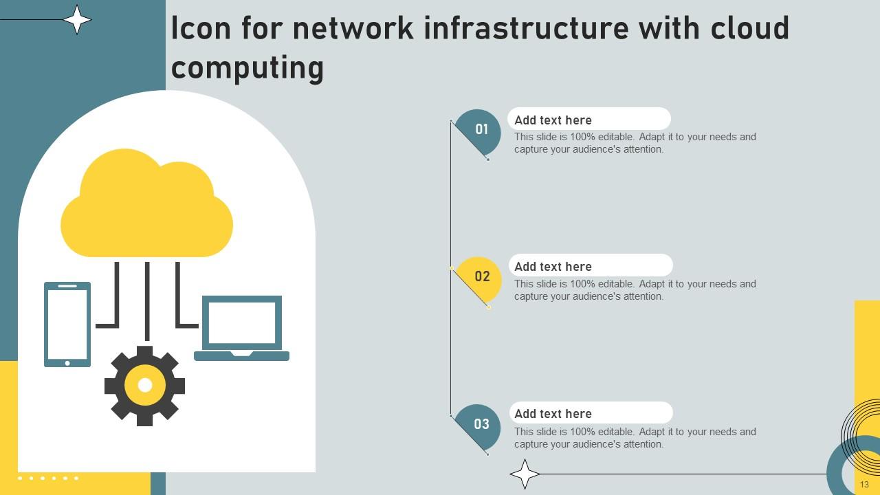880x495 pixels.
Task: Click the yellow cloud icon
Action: pyautogui.click(x=146, y=206)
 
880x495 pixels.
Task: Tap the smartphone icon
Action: pyautogui.click(x=67, y=324)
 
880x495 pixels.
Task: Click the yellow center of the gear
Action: pyautogui.click(x=144, y=386)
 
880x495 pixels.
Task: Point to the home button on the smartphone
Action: pyautogui.click(x=67, y=363)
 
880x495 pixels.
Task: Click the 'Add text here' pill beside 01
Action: pyautogui.click(x=588, y=120)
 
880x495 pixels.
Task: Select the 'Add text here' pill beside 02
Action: pyautogui.click(x=590, y=266)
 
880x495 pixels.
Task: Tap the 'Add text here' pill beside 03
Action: pyautogui.click(x=590, y=413)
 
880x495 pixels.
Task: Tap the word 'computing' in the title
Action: pyautogui.click(x=247, y=68)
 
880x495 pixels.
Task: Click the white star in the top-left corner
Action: pyautogui.click(x=77, y=19)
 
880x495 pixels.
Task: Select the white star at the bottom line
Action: pyautogui.click(x=525, y=474)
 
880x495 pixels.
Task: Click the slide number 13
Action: pyautogui.click(x=864, y=485)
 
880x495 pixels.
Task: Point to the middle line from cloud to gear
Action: pyautogui.click(x=147, y=300)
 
